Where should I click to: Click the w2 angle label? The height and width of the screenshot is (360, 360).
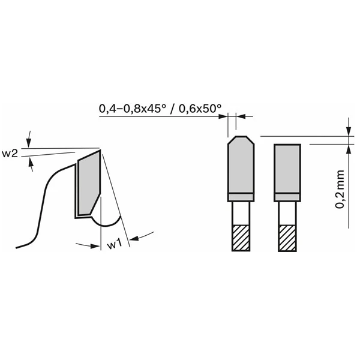(x=10, y=154)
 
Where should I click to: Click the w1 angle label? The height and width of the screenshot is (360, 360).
(x=115, y=244)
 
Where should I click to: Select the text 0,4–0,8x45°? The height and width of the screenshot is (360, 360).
(x=133, y=109)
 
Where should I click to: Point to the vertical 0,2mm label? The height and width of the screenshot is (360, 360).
(x=340, y=187)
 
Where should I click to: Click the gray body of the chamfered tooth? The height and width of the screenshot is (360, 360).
(x=240, y=168)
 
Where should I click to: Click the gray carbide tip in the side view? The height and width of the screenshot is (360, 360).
(x=89, y=183)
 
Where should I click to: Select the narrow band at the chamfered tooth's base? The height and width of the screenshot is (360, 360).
(x=240, y=197)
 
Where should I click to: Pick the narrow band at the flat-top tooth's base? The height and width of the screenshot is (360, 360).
(x=287, y=197)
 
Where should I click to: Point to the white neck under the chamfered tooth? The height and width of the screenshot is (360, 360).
(x=240, y=213)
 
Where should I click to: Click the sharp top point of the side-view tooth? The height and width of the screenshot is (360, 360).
(x=100, y=149)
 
